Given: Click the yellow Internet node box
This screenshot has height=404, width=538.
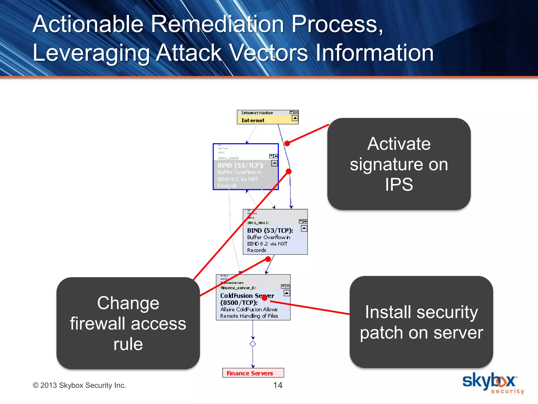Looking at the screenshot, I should click(x=267, y=117).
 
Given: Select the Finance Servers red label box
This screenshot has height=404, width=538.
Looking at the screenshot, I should click(x=253, y=373).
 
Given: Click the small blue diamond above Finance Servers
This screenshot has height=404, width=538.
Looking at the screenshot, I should click(x=253, y=344).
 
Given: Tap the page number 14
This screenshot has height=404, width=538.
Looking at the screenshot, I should click(x=278, y=385).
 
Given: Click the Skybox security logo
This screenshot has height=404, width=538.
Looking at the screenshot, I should click(x=493, y=383).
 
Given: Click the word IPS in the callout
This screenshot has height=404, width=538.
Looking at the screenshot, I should click(x=399, y=184).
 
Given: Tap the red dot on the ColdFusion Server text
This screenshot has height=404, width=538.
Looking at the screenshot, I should click(x=265, y=298).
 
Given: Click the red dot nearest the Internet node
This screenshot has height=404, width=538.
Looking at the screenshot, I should click(x=287, y=143).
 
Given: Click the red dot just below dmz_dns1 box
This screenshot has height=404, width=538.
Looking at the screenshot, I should click(x=268, y=259).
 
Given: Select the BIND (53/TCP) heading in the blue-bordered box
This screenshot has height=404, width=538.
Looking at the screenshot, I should click(x=240, y=165).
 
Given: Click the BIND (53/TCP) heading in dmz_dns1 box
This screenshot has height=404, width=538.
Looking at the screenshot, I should click(x=270, y=231).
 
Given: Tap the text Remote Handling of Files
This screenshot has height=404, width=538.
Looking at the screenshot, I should click(x=249, y=316).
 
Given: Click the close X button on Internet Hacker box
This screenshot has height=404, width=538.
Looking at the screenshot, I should click(x=296, y=112).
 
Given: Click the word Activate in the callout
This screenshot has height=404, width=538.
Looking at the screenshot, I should click(x=399, y=144).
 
